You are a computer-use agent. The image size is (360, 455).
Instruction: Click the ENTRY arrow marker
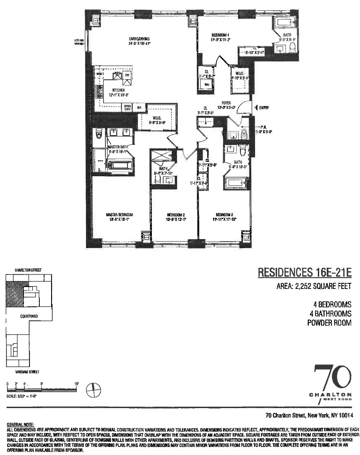coord(255,108)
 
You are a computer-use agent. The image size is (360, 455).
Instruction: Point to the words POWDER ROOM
coord(330,323)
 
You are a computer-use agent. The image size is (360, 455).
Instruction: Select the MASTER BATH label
coord(118,147)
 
